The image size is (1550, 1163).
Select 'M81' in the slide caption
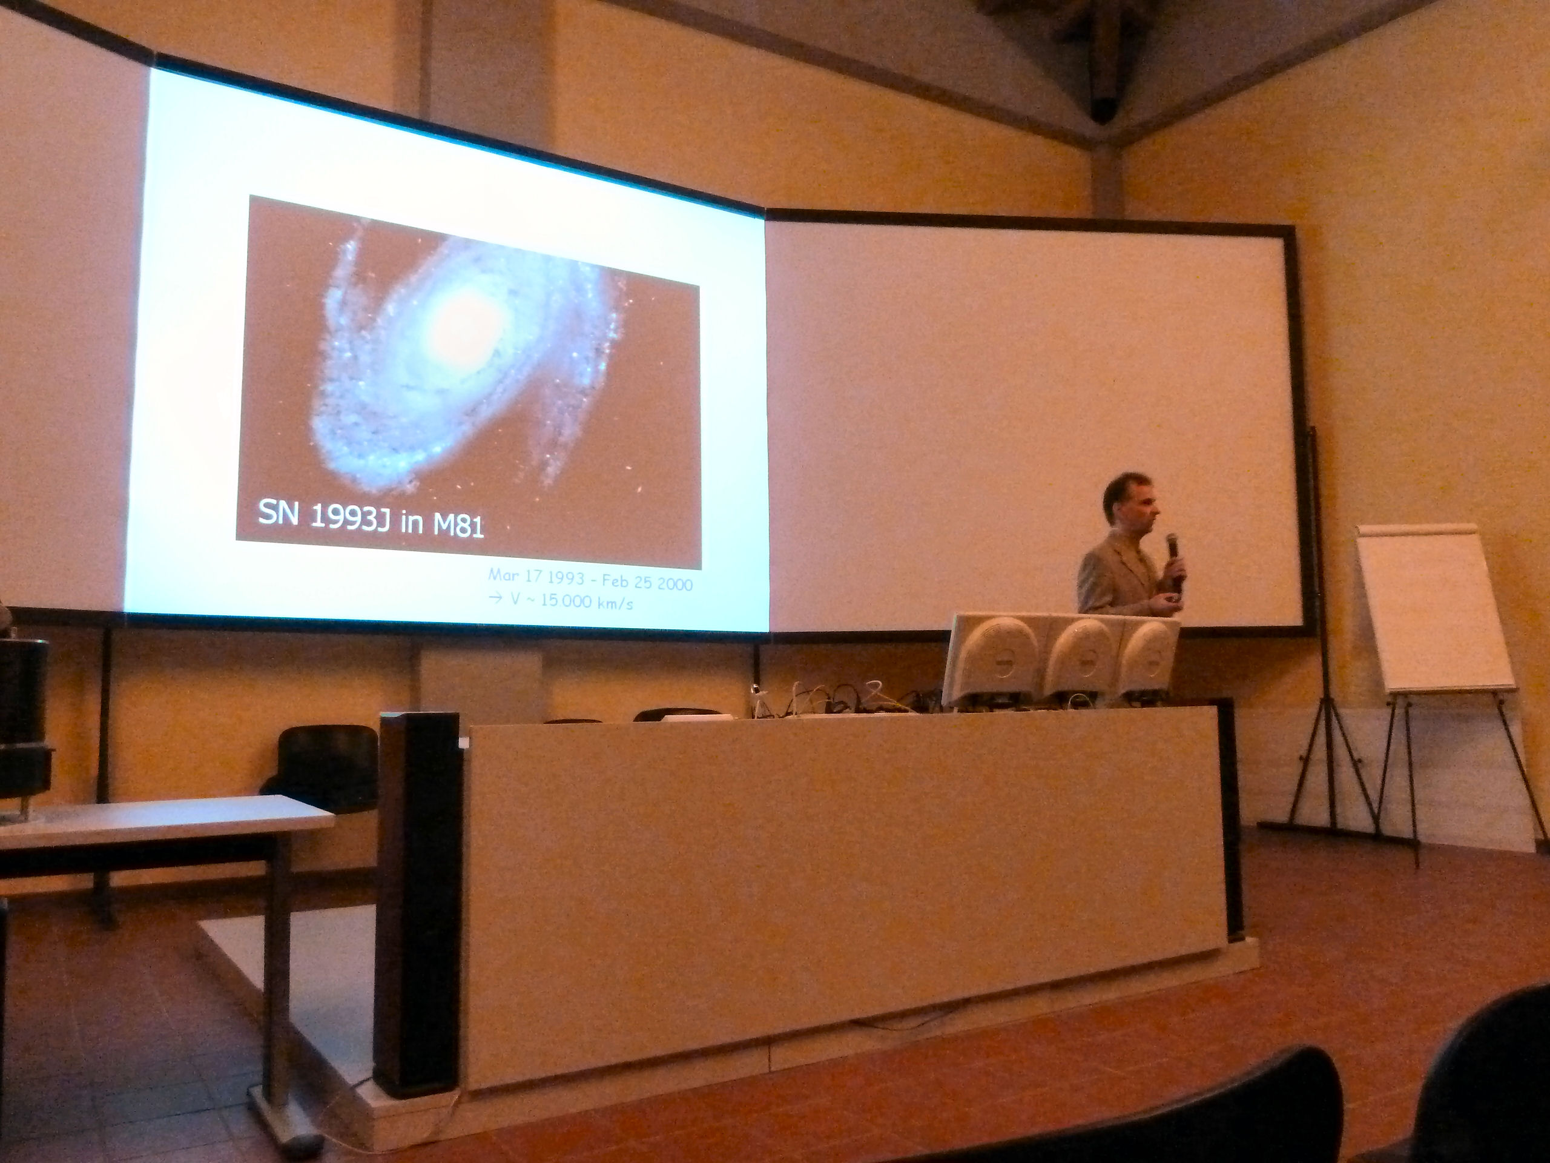[x=459, y=525]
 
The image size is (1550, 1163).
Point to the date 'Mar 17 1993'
[x=536, y=577]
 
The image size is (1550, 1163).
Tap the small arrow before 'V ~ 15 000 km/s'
[x=495, y=598]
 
